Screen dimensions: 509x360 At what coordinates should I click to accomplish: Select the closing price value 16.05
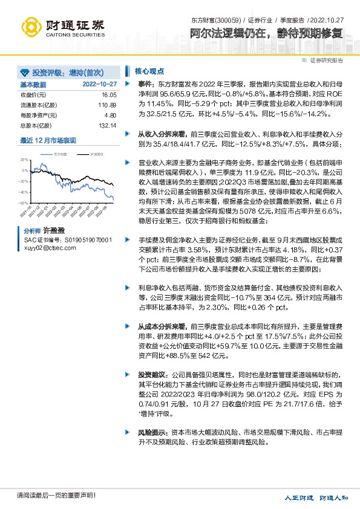[108, 96]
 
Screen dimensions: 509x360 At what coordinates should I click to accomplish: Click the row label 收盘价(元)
[34, 96]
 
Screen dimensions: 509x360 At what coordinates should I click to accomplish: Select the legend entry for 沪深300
[94, 155]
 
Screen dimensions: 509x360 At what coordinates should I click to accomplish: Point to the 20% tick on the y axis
[24, 160]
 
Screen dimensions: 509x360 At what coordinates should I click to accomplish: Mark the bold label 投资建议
[152, 374]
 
